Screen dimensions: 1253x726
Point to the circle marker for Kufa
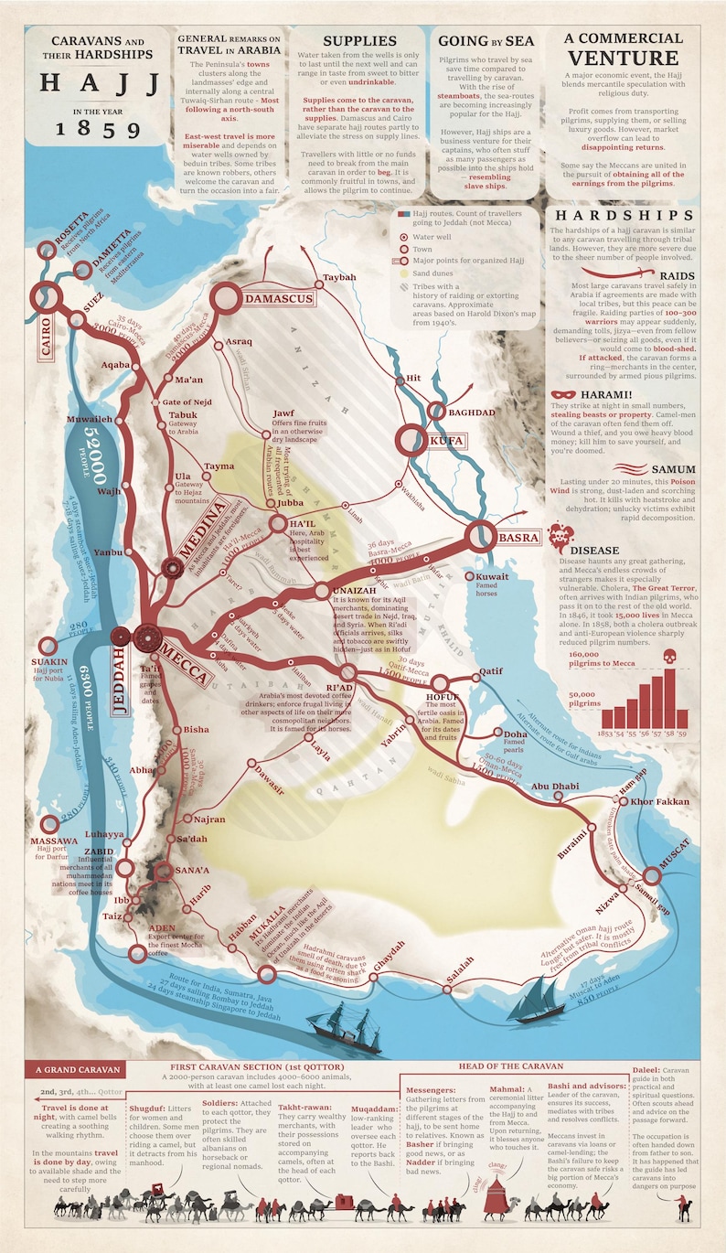[x=409, y=440]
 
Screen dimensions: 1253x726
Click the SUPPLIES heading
[x=358, y=41]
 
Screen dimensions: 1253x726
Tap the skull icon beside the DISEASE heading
[x=559, y=535]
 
